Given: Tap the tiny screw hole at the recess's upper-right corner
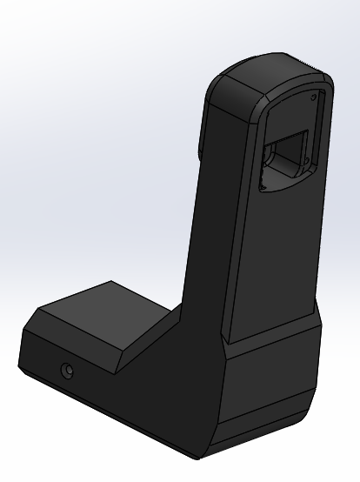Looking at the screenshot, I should pos(317,94).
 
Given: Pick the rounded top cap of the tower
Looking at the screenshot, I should pos(261,78).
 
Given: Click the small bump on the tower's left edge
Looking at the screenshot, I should pos(201,148).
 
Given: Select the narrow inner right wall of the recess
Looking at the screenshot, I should pos(320,131).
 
